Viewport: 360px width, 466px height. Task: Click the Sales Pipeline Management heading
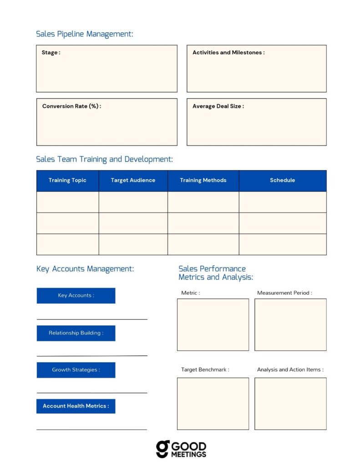85,34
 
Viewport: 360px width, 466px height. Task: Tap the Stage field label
51,53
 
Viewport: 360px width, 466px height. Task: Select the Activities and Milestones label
228,53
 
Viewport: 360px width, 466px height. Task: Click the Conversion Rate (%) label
71,106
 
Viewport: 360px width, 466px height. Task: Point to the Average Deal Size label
218,106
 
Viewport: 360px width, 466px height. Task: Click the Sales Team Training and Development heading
104,159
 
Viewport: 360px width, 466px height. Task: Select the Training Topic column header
67,181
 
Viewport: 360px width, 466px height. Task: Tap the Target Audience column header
133,181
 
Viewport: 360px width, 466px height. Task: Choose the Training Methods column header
203,181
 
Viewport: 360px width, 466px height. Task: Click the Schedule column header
282,181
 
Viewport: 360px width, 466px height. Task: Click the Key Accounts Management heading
85,269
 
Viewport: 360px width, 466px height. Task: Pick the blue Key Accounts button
76,296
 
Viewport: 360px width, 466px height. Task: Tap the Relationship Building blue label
76,333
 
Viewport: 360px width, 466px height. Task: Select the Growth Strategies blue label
76,370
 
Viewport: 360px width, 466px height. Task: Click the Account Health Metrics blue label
76,406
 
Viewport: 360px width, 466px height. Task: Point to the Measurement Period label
284,293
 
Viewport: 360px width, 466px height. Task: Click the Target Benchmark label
205,370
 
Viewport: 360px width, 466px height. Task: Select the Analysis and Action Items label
290,370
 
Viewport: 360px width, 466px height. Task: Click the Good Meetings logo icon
162,449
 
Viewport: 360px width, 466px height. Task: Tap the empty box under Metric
213,324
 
